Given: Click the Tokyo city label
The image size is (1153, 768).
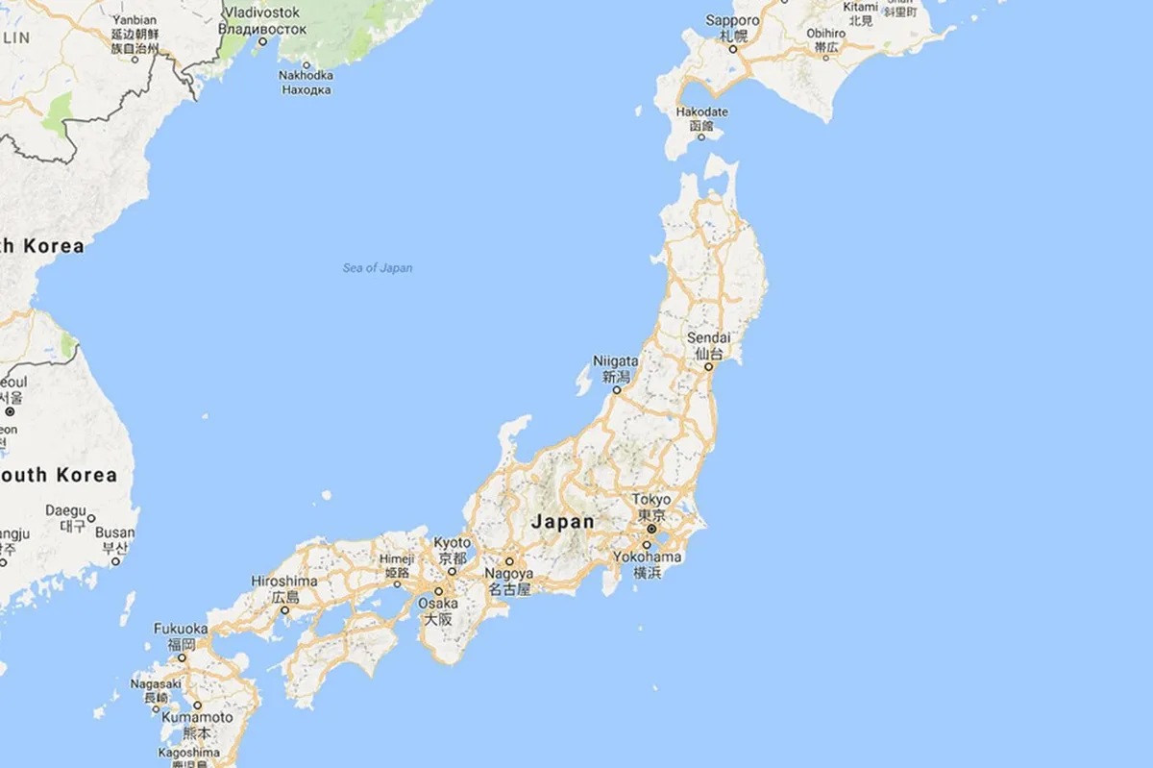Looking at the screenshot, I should click(651, 500).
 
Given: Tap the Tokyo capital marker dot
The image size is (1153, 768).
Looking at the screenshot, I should click(650, 529).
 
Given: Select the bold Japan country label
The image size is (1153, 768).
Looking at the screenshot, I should click(562, 522).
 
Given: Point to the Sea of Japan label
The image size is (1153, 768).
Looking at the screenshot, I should click(378, 268).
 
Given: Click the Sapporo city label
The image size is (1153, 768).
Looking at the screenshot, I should click(732, 20).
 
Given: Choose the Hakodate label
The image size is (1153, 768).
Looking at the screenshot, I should click(701, 112).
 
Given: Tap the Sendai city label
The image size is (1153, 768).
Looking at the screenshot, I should click(709, 338).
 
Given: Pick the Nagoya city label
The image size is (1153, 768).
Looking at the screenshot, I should click(508, 574).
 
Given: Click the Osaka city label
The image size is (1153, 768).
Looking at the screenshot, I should click(437, 604).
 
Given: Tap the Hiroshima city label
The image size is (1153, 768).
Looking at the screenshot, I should click(283, 582).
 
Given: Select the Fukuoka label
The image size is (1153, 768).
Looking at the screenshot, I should click(181, 629).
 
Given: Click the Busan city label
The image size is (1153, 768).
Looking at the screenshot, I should click(115, 533).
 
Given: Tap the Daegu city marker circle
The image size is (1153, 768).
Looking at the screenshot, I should click(91, 518).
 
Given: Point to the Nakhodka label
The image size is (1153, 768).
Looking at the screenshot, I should click(306, 76).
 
